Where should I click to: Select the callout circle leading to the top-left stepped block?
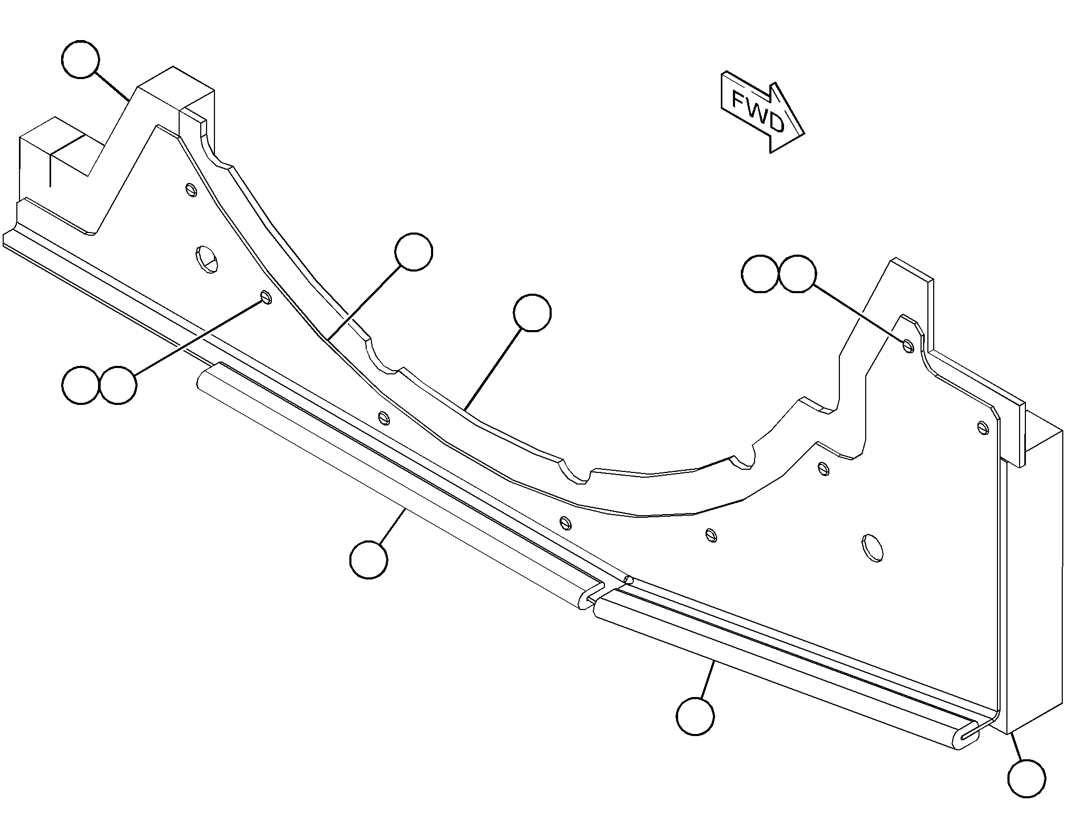(x=81, y=59)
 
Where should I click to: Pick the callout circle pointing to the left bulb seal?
(x=369, y=559)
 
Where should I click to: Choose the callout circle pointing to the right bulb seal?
(x=696, y=716)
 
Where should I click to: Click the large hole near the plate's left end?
(x=207, y=259)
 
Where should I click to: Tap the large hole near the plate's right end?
(x=873, y=547)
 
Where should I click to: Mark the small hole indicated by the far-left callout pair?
(x=266, y=297)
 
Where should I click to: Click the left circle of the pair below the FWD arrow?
(x=760, y=274)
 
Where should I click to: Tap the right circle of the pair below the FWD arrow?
(x=798, y=274)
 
